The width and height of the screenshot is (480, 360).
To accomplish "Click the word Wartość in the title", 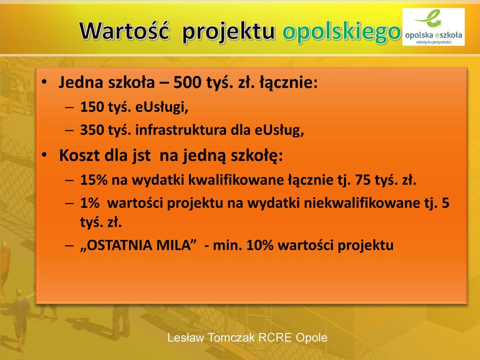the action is pos(124,30).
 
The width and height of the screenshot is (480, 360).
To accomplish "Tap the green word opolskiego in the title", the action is pos(341,32).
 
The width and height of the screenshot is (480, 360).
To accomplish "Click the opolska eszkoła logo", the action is pos(433,27).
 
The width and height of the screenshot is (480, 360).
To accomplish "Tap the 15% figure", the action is pos(93,179).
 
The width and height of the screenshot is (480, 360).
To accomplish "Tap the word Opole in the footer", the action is pos(311,337).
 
